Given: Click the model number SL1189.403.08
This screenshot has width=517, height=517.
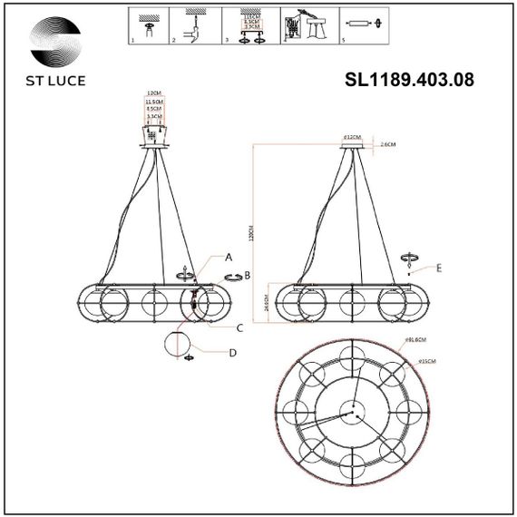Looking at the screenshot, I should click(410, 79).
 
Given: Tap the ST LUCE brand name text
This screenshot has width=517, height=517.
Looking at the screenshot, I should click(52, 80).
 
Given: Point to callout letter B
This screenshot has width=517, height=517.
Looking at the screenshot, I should click(247, 275).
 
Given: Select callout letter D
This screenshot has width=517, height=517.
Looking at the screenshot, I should click(232, 352).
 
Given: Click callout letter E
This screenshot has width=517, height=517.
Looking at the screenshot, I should click(439, 269).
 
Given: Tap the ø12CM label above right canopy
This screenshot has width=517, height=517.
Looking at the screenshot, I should click(351, 137).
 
